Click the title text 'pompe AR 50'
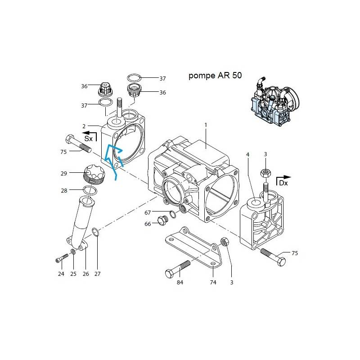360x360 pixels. pos(215,76)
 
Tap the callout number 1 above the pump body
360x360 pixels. pos(206,125)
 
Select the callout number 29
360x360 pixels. pos(64,174)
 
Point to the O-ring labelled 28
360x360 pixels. pos(90,190)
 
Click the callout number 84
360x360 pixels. pos(180,283)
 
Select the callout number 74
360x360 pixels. pos(213,283)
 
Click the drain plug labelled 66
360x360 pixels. pos(163,220)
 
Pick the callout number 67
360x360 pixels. pos(148,213)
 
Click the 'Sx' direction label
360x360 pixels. pos(88,139)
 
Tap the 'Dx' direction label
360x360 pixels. pos(283,183)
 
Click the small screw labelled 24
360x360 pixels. pos(62,258)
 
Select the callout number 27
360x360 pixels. pos(98,274)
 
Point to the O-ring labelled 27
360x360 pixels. pos(96,232)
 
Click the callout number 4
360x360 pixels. pos(247,155)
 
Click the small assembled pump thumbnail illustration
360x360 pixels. pos(275,101)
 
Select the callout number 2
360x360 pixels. pos(84,126)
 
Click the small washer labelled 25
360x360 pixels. pos(73,252)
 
